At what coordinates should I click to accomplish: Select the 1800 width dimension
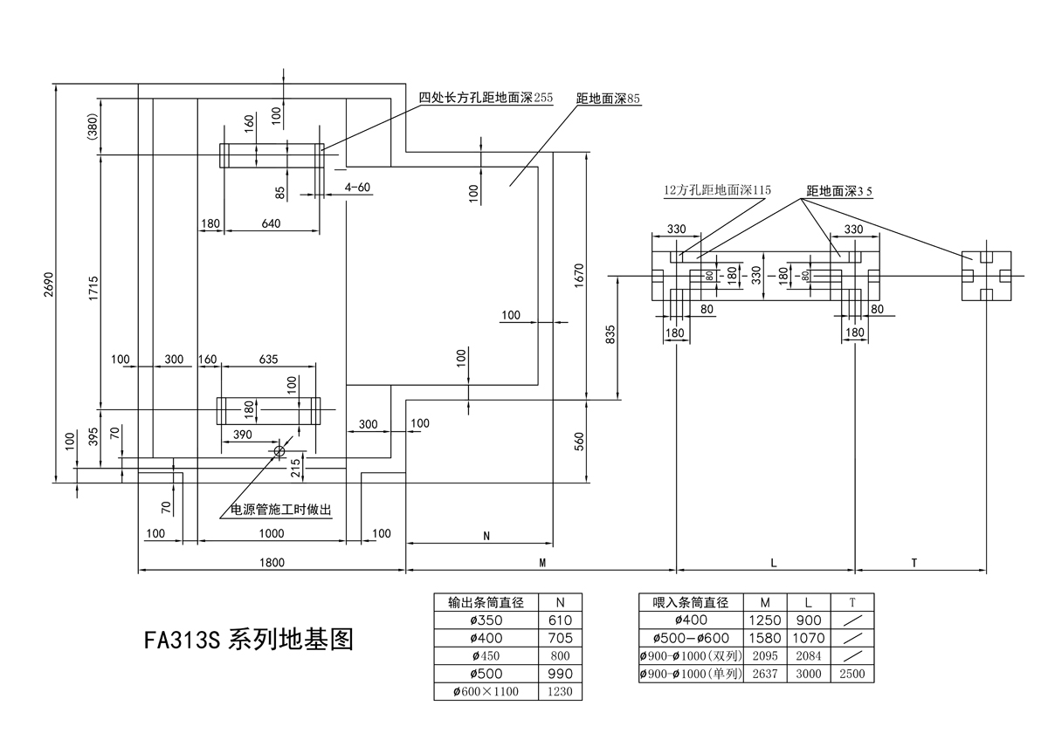click(x=272, y=563)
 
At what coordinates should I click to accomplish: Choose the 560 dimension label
click(x=578, y=441)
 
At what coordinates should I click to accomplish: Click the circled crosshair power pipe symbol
click(x=279, y=450)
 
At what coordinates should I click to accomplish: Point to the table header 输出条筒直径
click(x=485, y=602)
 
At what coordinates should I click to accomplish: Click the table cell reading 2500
click(x=853, y=674)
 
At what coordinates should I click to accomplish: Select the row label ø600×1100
click(x=485, y=692)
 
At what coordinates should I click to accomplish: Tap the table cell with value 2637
click(x=765, y=674)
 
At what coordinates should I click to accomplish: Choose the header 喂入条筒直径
click(x=691, y=602)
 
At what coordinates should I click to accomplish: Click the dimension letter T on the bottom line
click(x=914, y=563)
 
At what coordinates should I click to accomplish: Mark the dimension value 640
click(x=271, y=223)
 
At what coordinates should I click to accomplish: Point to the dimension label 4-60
click(x=357, y=188)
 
